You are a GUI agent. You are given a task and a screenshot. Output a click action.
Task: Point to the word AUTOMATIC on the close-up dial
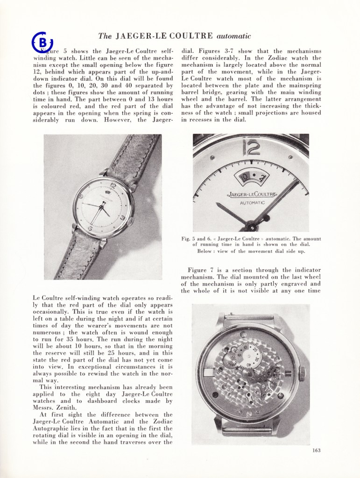[252, 203]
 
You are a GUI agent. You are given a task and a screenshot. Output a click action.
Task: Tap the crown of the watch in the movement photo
[302, 373]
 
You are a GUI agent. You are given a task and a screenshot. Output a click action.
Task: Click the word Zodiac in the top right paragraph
[284, 58]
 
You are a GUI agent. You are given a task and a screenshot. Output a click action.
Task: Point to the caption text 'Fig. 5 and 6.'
[194, 239]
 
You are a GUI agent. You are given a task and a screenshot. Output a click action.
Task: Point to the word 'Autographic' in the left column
[53, 428]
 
